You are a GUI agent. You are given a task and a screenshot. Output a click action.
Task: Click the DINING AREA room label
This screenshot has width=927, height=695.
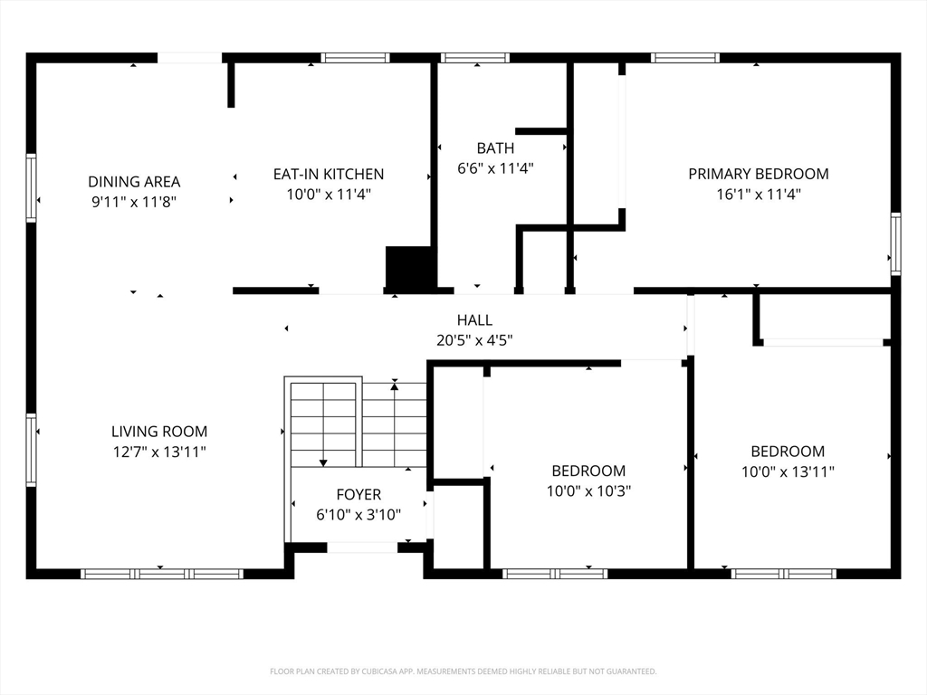[134, 181]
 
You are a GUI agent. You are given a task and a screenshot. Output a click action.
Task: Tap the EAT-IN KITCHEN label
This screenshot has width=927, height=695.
[329, 174]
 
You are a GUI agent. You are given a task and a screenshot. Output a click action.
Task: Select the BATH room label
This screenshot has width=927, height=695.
[495, 148]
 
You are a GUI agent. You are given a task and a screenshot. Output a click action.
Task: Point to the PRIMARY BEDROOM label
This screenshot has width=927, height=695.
[759, 174]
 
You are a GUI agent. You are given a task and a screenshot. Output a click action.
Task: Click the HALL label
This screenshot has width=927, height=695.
[474, 319]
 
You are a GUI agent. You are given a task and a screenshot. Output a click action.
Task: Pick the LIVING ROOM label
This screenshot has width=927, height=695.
[159, 432]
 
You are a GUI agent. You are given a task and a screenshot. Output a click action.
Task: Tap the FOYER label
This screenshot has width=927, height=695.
[358, 494]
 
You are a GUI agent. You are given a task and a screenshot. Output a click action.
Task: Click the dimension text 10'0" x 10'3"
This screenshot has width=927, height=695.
[588, 490]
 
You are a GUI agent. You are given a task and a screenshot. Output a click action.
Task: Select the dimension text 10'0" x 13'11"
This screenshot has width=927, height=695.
[788, 471]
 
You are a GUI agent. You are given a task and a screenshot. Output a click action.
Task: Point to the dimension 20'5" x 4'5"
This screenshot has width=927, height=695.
[474, 340]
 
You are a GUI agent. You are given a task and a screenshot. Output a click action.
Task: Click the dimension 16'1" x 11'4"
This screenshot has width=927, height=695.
[759, 194]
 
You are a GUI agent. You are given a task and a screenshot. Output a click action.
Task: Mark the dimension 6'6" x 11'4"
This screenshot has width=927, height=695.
[495, 167]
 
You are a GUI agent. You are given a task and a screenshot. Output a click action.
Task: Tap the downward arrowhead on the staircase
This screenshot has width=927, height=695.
[323, 462]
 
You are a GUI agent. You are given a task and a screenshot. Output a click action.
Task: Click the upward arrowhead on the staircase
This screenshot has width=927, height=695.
[395, 386]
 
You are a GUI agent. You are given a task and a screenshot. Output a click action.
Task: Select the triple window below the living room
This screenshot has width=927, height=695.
[162, 573]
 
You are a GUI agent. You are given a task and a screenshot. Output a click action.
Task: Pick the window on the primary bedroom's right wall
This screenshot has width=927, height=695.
[895, 243]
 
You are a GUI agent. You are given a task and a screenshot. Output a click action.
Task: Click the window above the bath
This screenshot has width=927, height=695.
[474, 58]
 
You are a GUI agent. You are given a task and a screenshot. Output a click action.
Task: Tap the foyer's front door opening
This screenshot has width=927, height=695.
[362, 547]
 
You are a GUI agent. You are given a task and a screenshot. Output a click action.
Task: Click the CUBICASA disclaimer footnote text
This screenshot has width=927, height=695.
[463, 671]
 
